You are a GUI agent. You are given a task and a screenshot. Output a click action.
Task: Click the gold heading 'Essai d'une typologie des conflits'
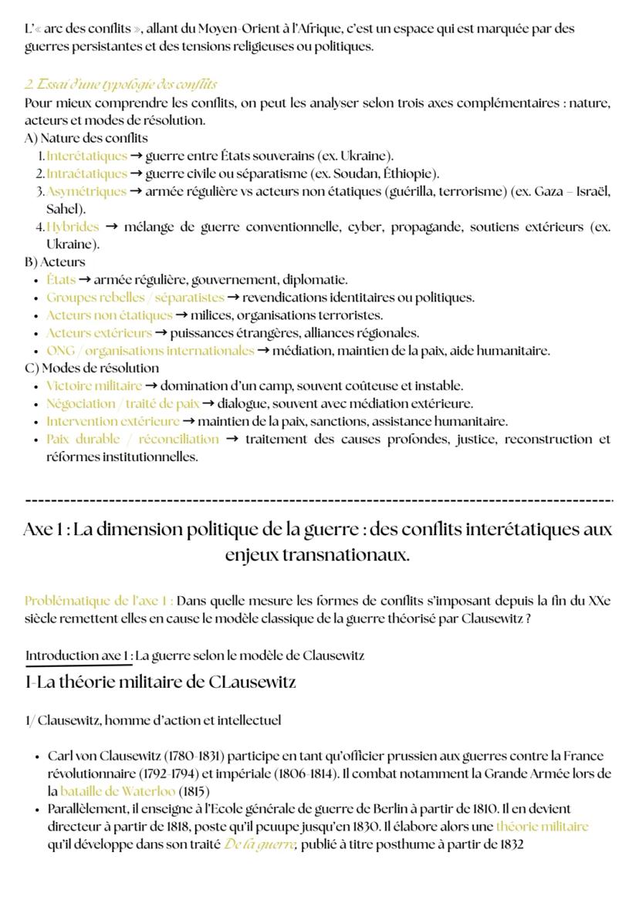coord(121,84)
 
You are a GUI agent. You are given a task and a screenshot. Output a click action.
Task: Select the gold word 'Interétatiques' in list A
coord(86,156)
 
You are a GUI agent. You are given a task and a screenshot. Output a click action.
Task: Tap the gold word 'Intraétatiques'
coord(86,174)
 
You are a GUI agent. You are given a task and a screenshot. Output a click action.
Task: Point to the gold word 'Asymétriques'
coord(86,191)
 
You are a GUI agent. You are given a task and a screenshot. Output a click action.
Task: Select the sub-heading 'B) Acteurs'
coord(55,261)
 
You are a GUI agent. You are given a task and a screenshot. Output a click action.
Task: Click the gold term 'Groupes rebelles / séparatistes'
coord(135,298)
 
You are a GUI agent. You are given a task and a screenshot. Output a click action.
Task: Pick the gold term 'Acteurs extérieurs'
coord(99,333)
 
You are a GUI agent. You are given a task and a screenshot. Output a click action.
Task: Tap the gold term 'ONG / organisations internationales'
coord(150,351)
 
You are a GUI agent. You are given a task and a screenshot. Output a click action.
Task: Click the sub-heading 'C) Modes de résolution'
coord(92,368)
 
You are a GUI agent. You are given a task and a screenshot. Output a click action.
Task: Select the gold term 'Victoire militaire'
coord(94,386)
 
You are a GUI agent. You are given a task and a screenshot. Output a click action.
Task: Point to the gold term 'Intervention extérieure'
coord(113,422)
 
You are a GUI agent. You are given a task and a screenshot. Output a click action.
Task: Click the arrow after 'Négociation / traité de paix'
coord(209,404)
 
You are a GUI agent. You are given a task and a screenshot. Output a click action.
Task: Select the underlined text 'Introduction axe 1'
coord(78,655)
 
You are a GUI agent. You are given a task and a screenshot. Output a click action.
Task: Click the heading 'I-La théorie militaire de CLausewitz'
coord(161,682)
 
